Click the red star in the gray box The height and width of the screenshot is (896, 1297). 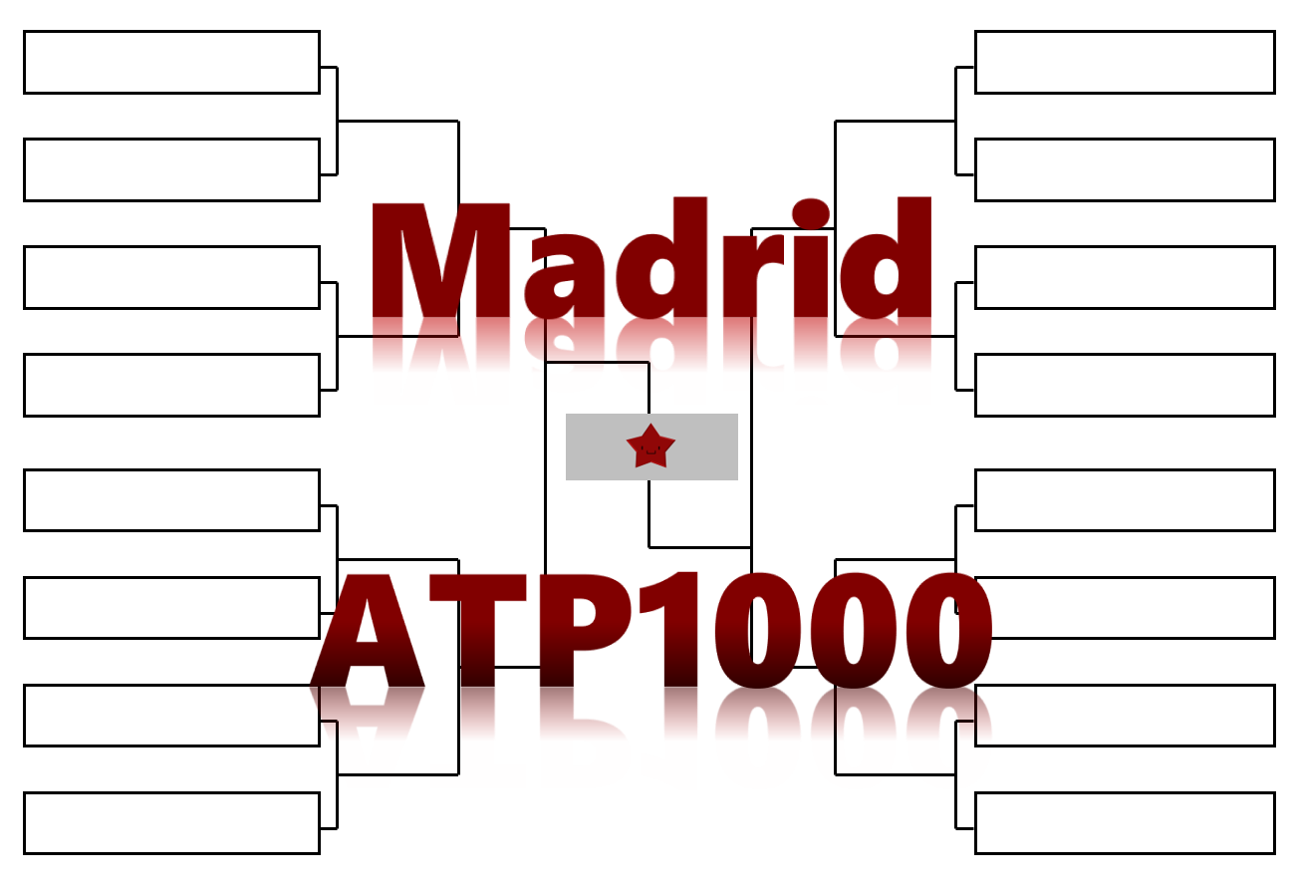coord(650,447)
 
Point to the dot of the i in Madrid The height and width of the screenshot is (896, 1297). coord(810,213)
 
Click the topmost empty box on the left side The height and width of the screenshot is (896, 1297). coord(171,62)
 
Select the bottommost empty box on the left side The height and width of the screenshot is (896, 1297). coord(171,823)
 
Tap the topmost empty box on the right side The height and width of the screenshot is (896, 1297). coord(1125,62)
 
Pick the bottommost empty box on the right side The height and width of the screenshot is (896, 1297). coord(1125,823)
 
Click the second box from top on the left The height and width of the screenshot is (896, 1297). coord(171,169)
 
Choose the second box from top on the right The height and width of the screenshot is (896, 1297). coord(1125,169)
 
